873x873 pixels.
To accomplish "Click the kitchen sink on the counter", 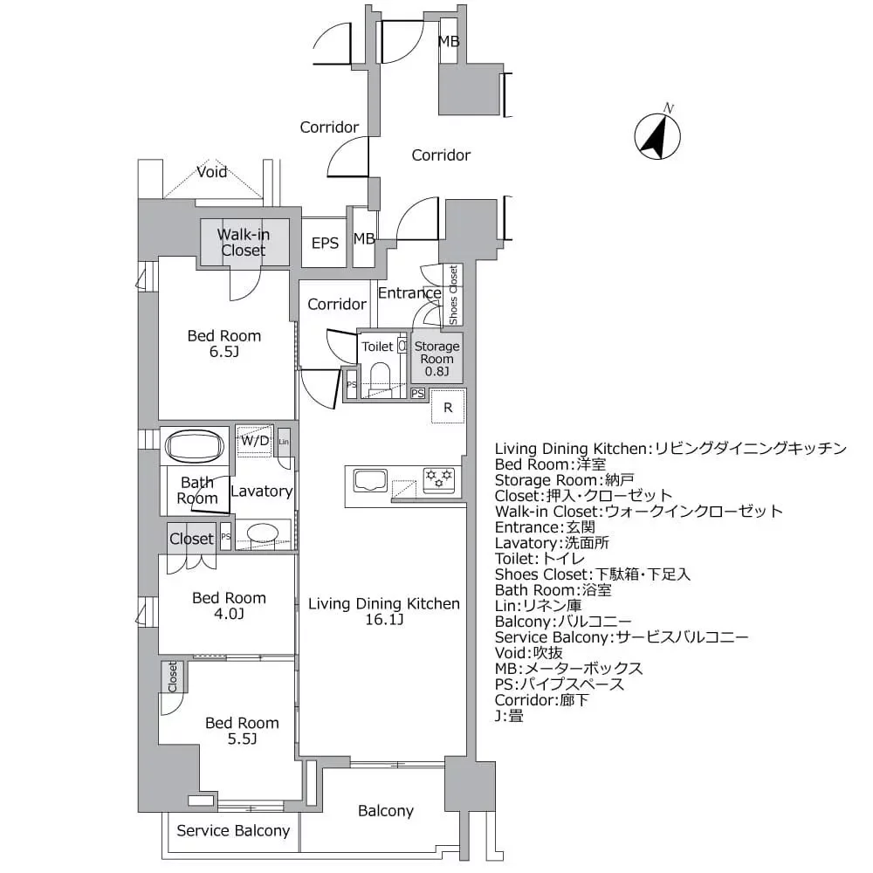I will [370, 480].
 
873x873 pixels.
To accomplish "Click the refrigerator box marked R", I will [447, 407].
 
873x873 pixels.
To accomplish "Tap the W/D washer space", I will [255, 441].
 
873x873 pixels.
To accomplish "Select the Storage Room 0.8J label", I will [436, 359].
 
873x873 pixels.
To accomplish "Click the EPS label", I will [325, 244].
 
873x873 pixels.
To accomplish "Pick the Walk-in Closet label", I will [243, 242].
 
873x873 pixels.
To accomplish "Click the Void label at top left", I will [211, 172].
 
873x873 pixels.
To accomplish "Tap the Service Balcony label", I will [233, 830].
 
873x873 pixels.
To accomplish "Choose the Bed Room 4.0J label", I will [229, 606].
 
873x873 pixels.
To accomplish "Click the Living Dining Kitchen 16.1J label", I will [383, 611].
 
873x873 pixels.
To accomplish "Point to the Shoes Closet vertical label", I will [453, 295].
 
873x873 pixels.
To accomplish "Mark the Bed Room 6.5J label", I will [224, 343].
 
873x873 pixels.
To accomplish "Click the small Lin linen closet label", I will [284, 441].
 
